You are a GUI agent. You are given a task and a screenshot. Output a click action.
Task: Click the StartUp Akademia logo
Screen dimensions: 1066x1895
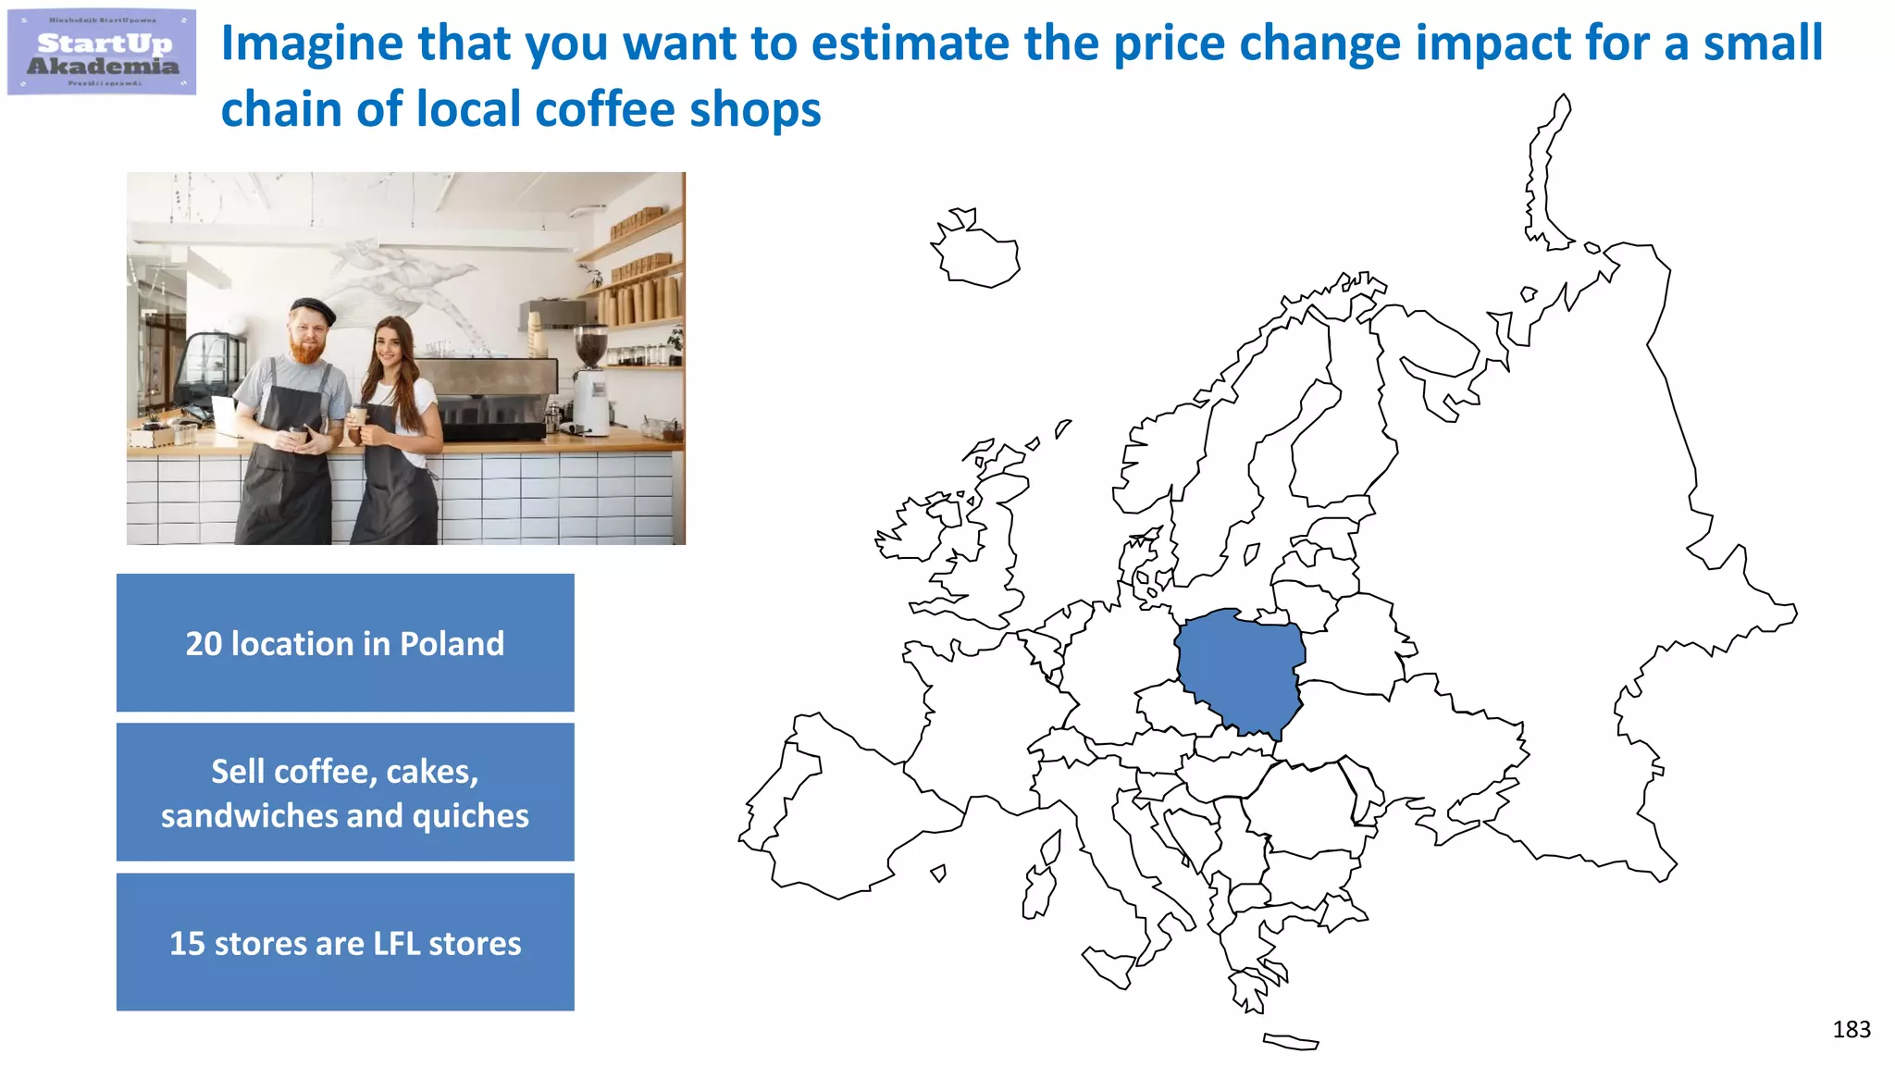(102, 53)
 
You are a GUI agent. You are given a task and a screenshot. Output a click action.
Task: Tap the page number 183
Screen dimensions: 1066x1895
(1851, 1029)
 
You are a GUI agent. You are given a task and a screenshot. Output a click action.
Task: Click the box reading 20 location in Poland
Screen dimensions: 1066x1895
(345, 643)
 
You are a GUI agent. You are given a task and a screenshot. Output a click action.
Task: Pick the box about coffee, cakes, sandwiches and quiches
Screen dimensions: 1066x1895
(345, 793)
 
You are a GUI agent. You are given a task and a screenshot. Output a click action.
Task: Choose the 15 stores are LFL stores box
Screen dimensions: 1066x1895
(345, 942)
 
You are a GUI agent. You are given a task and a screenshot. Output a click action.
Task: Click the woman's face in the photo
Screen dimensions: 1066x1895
(390, 345)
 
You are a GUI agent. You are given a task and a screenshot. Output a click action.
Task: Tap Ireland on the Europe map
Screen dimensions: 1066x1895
(916, 531)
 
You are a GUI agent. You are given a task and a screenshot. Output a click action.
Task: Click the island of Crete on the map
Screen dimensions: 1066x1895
(1290, 1042)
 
